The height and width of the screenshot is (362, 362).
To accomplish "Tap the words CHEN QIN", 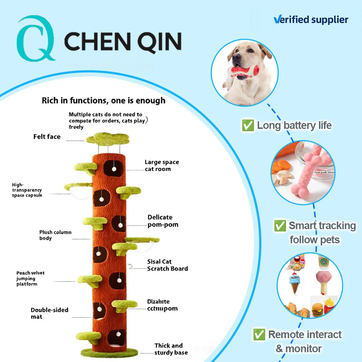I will pos(123,41).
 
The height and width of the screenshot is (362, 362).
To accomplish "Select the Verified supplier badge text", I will pos(311,20).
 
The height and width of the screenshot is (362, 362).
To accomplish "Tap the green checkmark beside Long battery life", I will pos(248,126).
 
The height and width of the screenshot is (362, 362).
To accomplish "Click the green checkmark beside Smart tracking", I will pos(280,226).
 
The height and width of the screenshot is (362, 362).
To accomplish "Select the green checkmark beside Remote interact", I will pos(259,334).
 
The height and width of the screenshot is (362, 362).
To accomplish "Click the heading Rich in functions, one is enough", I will pos(104,100).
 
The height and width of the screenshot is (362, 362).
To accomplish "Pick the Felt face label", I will pos(47,137).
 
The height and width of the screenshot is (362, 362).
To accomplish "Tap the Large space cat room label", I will pos(162,165).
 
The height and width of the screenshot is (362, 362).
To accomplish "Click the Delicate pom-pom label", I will pos(163,221).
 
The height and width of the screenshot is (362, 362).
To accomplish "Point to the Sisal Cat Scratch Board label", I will pos(167,265).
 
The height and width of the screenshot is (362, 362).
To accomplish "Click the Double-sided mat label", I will pos(49,313).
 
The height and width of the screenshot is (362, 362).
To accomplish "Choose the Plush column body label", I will pos(55,235).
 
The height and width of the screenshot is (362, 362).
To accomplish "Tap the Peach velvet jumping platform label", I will pos(31,278).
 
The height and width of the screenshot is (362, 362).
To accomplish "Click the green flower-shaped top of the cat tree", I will pos(108,138).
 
